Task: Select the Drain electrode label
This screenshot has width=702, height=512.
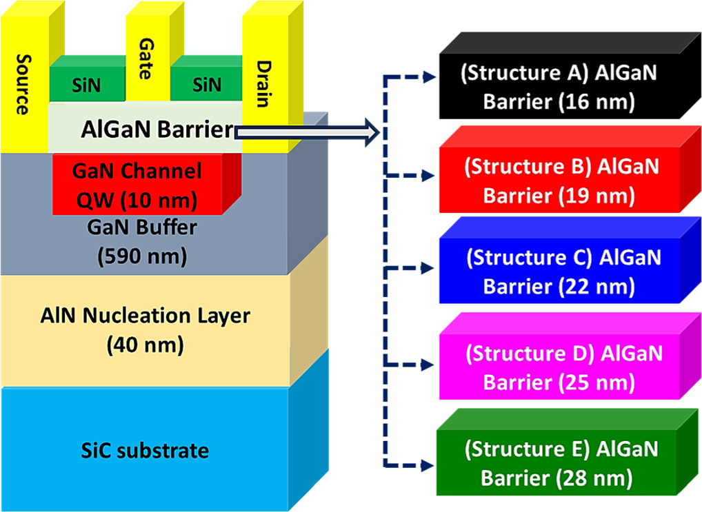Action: (263, 84)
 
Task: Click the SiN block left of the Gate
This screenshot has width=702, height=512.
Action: (87, 85)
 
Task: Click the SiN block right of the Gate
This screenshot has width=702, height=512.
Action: (207, 85)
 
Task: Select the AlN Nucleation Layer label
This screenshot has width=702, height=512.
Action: (145, 316)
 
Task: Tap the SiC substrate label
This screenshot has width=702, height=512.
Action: (145, 451)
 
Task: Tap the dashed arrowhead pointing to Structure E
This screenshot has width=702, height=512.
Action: (430, 462)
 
